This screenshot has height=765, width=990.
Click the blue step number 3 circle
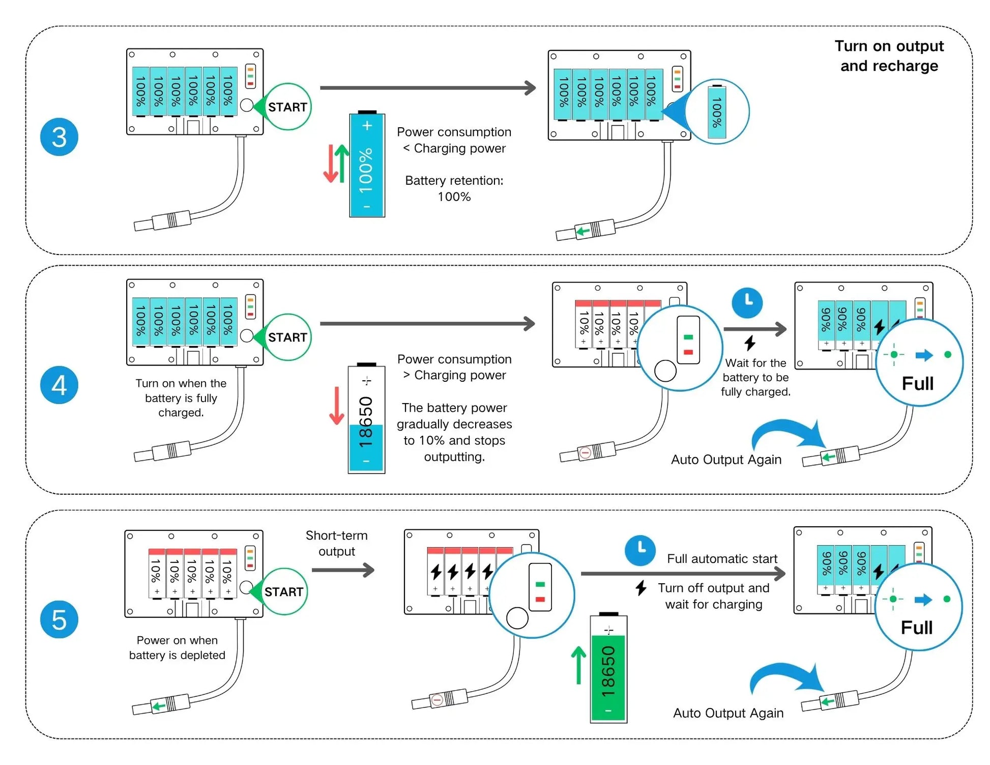click(59, 137)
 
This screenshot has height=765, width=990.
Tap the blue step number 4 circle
click(59, 385)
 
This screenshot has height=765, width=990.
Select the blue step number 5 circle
click(59, 619)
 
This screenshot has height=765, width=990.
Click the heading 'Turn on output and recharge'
click(889, 56)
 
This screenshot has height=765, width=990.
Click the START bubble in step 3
click(287, 107)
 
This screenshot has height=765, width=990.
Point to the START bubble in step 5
click(283, 591)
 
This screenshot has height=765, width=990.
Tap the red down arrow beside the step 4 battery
click(336, 406)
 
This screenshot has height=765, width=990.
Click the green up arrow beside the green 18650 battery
click(578, 665)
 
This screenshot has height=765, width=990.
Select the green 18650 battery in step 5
click(608, 669)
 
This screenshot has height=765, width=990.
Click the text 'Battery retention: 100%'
click(454, 188)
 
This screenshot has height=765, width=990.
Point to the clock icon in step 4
click(747, 302)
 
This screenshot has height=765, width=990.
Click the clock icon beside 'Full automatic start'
click(640, 550)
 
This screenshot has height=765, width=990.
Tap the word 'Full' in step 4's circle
click(917, 383)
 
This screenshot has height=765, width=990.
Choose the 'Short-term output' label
click(336, 543)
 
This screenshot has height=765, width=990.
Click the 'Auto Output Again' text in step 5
click(728, 713)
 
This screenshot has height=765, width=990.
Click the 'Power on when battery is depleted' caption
click(177, 647)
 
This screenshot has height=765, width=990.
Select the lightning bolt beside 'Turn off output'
click(641, 588)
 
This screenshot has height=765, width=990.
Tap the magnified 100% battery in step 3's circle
click(717, 112)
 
